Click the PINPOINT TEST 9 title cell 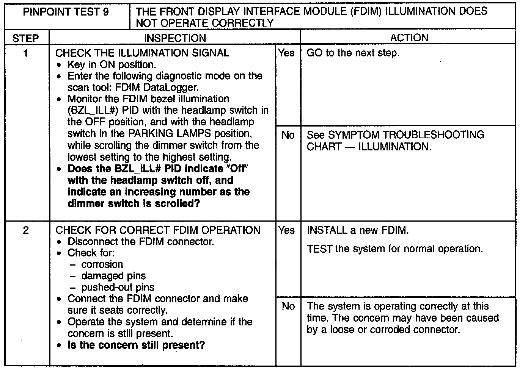pyautogui.click(x=66, y=12)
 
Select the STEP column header pyautogui.click(x=26, y=38)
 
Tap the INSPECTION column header pyautogui.click(x=175, y=38)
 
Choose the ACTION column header pyautogui.click(x=409, y=38)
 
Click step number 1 pyautogui.click(x=25, y=53)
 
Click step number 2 pyautogui.click(x=25, y=230)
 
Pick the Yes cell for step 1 pyautogui.click(x=286, y=53)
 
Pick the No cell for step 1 pyautogui.click(x=288, y=135)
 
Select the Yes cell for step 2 pyautogui.click(x=286, y=230)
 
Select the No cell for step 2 pyautogui.click(x=288, y=306)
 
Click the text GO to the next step pyautogui.click(x=353, y=53)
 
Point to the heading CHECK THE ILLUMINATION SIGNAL pyautogui.click(x=143, y=53)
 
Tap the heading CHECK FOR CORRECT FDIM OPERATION pyautogui.click(x=158, y=230)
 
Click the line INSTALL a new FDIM pyautogui.click(x=358, y=230)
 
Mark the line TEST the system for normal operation pyautogui.click(x=395, y=249)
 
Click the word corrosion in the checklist pyautogui.click(x=102, y=264)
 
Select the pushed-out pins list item pyautogui.click(x=118, y=288)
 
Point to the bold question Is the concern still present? pyautogui.click(x=136, y=345)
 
